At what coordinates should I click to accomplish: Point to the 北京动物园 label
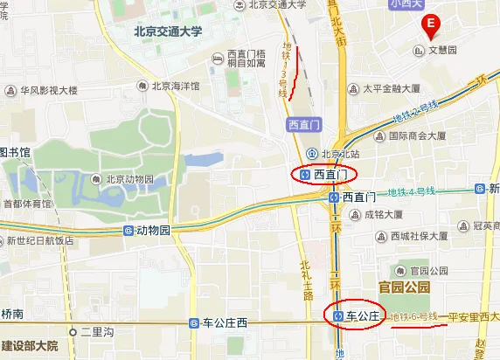pyautogui.click(x=128, y=179)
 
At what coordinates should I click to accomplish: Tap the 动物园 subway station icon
pyautogui.click(x=129, y=231)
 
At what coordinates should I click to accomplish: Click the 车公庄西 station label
pyautogui.click(x=225, y=323)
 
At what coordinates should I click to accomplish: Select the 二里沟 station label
pyautogui.click(x=96, y=332)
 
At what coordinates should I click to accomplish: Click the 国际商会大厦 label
pyautogui.click(x=418, y=136)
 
